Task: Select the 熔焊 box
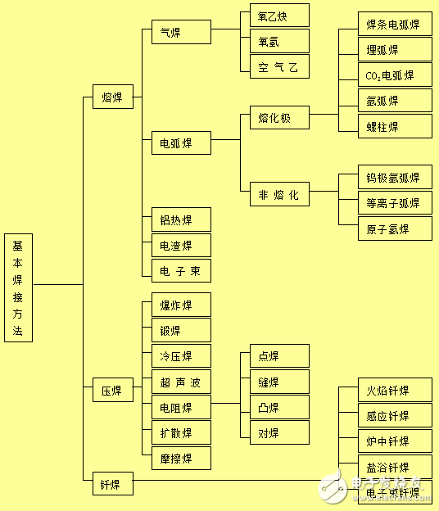pos(112,98)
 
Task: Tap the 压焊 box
pos(112,390)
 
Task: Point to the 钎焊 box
pos(112,484)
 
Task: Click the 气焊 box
pos(181,32)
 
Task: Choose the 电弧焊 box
pos(181,143)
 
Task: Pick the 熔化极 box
pos(279,118)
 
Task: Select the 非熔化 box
pos(279,195)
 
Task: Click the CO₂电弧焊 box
pos(395,75)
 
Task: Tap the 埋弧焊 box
pos(395,50)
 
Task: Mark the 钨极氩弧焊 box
pos(395,177)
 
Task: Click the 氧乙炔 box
pos(279,16)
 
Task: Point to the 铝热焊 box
pos(181,219)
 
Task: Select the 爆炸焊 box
pos(181,305)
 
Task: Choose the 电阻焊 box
pos(181,407)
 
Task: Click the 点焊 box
pos(279,355)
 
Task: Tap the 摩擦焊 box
pos(181,458)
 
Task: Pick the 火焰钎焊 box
pos(395,390)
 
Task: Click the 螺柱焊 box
pos(395,126)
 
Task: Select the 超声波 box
pos(181,382)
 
